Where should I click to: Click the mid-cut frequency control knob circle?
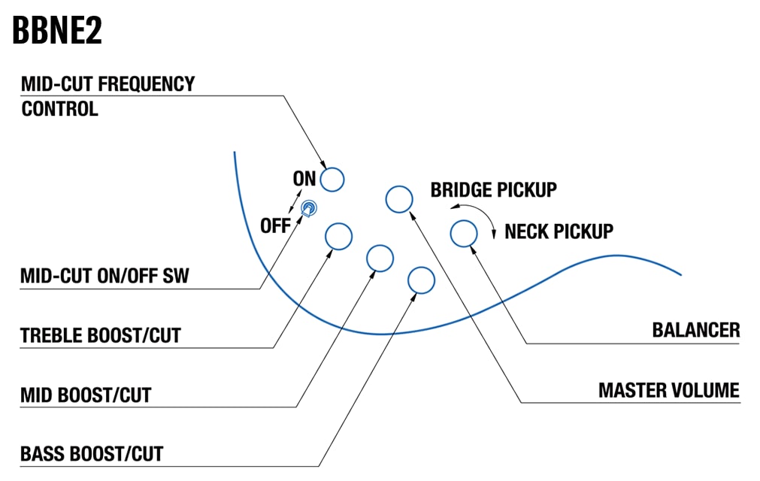332,180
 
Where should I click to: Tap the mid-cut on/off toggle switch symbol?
309,207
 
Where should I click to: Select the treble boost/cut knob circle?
338,236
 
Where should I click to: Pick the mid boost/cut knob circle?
380,259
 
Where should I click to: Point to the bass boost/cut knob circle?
421,280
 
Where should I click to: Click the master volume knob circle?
399,199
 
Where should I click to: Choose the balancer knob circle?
463,233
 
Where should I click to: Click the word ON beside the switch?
304,179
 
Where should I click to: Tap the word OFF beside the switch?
275,225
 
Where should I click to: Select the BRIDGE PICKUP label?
493,190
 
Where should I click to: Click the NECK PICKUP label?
559,231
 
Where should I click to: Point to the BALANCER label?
695,330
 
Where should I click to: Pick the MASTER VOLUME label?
668,390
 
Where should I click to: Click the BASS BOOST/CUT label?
92,454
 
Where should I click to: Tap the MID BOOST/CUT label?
86,395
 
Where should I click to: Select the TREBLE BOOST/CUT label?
101,335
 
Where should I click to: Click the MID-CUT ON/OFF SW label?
104,276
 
